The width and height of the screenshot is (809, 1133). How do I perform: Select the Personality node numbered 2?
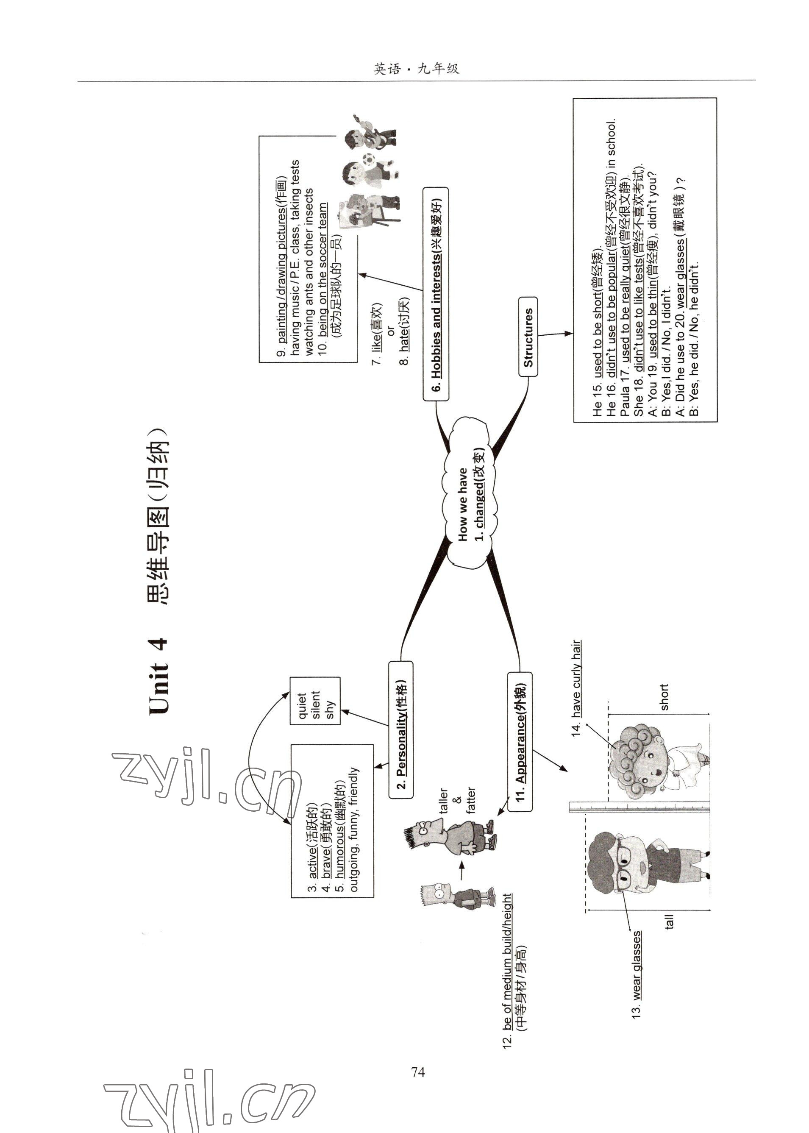pyautogui.click(x=401, y=729)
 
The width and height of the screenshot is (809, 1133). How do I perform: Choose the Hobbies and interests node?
pyautogui.click(x=436, y=294)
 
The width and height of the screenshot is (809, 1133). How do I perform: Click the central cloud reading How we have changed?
pyautogui.click(x=469, y=493)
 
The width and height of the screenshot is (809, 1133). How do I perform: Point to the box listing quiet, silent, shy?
pyautogui.click(x=315, y=701)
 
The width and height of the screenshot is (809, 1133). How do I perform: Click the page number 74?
pyautogui.click(x=418, y=1071)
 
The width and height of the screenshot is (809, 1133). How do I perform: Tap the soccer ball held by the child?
pyautogui.click(x=369, y=160)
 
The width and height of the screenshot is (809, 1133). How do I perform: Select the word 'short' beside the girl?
pyautogui.click(x=664, y=697)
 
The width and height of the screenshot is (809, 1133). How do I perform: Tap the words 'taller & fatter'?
pyautogui.click(x=457, y=800)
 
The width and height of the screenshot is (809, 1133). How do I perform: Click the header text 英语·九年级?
pyautogui.click(x=417, y=69)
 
